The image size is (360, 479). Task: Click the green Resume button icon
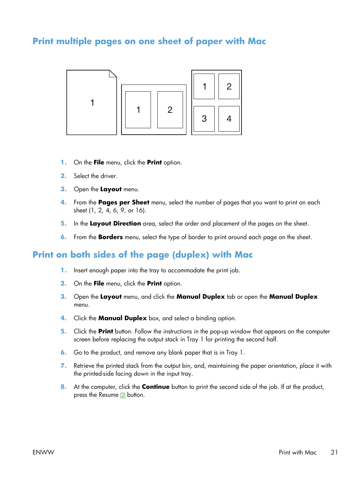(123, 395)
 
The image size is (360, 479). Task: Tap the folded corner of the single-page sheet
(113, 73)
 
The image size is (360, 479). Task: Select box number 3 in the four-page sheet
(204, 119)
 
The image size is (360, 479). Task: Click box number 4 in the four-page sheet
(229, 119)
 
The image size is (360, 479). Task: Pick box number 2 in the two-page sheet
(170, 110)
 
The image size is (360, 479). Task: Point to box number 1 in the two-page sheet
(138, 110)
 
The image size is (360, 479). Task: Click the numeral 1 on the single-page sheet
(92, 103)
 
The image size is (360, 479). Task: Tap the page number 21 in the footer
(334, 452)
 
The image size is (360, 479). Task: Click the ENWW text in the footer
(43, 452)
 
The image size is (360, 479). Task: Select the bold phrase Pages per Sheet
(124, 203)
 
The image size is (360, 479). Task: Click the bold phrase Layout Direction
(115, 224)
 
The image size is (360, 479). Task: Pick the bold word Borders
(111, 237)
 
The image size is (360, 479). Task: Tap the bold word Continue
(155, 387)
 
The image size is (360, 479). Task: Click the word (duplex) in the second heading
(191, 255)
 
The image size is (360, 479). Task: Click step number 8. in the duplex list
(63, 387)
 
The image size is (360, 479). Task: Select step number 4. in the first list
(63, 203)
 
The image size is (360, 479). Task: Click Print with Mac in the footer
(298, 452)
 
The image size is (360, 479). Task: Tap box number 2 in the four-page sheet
(229, 86)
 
